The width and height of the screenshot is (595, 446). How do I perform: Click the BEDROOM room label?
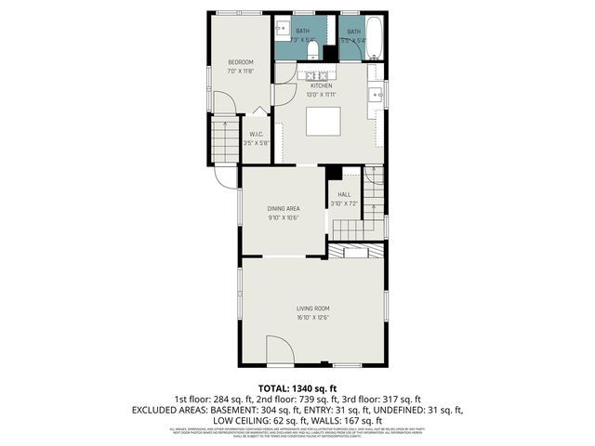241,62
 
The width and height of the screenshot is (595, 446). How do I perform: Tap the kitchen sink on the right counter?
377,94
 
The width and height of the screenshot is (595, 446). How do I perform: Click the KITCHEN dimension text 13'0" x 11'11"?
321,95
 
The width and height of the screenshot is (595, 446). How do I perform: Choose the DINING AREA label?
283,209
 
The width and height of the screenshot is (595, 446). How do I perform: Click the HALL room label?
344,194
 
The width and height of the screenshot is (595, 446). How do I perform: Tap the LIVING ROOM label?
313,308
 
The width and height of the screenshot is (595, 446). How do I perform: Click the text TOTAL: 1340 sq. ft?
297,387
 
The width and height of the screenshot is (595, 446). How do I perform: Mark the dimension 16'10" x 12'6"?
313,318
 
